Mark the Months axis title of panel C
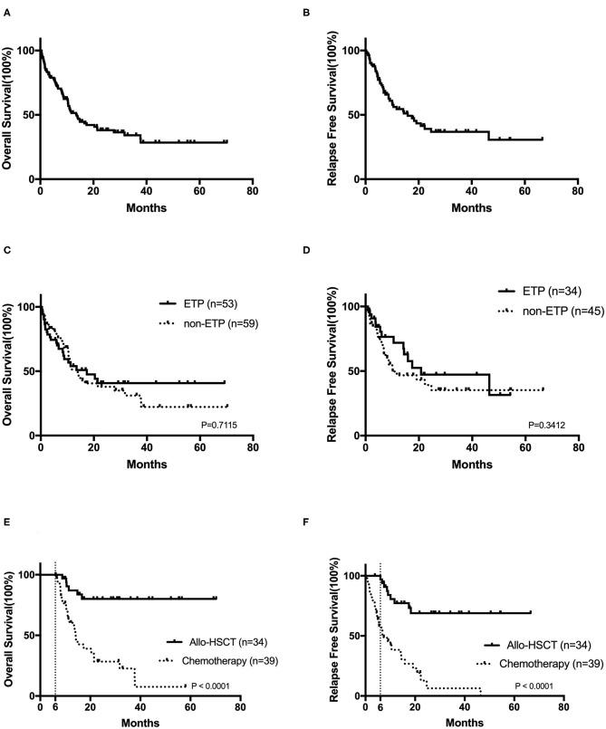[x=146, y=463]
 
